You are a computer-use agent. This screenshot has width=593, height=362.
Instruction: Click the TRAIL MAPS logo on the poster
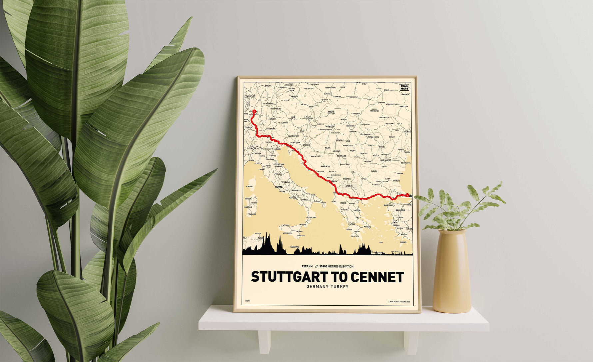pos(404,87)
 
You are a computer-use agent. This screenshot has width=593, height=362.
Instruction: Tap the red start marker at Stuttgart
pos(254,112)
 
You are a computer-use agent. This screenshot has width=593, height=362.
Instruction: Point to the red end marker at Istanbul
pos(407,195)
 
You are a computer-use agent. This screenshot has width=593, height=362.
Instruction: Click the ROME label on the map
pos(279,187)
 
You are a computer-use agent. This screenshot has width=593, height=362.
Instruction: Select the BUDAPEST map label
pos(330,126)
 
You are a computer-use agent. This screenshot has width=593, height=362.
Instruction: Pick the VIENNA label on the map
pos(309,118)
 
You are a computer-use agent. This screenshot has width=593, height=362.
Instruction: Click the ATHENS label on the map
pos(367,227)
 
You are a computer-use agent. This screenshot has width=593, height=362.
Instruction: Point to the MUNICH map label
pos(272,119)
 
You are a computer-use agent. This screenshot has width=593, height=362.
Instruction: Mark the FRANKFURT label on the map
pos(250,96)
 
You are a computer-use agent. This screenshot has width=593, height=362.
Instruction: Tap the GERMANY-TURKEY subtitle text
pos(327,287)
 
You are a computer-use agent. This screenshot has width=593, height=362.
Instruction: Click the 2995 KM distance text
pos(307,266)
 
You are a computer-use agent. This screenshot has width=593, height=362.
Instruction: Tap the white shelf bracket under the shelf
pos(265,342)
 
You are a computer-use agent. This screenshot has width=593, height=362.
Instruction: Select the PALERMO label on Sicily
pos(286,225)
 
